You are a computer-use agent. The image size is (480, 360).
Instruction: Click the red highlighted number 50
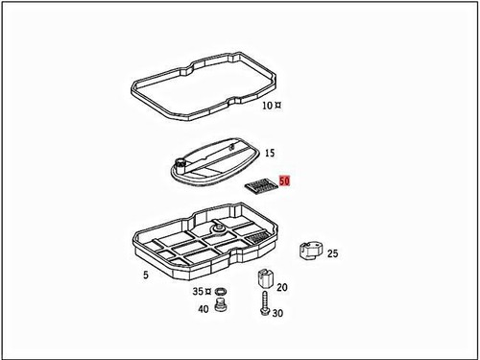click(x=284, y=180)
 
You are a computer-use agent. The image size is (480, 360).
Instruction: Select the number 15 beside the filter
click(x=270, y=154)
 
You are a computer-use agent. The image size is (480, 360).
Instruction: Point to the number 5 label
click(x=146, y=276)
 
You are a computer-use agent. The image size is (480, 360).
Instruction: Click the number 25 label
click(x=333, y=254)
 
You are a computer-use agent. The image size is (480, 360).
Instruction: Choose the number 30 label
click(x=277, y=314)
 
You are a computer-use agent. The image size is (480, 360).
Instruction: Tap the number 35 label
click(x=198, y=289)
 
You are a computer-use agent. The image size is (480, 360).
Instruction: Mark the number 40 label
click(x=203, y=309)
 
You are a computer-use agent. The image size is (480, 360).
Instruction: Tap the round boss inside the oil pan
click(x=218, y=229)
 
